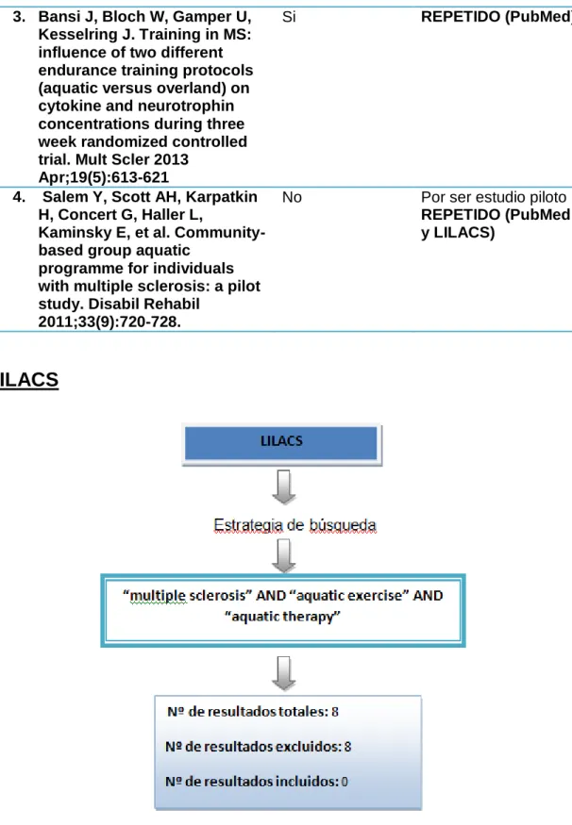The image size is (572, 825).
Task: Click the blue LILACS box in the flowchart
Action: [282, 443]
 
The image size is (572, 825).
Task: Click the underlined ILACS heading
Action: [29, 380]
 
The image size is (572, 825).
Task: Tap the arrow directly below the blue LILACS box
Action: [284, 487]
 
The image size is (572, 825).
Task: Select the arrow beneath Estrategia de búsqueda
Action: [284, 555]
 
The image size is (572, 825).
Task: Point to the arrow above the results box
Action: [284, 673]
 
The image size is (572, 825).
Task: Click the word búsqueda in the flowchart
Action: [343, 525]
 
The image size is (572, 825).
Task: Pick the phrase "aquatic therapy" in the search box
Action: [283, 616]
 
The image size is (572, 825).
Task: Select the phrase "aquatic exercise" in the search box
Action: [347, 595]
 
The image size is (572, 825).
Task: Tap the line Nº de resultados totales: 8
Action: [253, 712]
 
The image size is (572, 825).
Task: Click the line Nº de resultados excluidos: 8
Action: [258, 747]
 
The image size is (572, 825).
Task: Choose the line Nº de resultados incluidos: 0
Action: [257, 782]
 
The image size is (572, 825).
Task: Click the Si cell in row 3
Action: [289, 17]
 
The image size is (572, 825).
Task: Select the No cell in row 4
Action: [292, 197]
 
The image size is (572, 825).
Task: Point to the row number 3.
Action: [19, 17]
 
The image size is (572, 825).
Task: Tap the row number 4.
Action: [19, 197]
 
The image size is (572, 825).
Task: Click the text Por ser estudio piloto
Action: [494, 197]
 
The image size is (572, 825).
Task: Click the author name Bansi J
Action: [66, 17]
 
